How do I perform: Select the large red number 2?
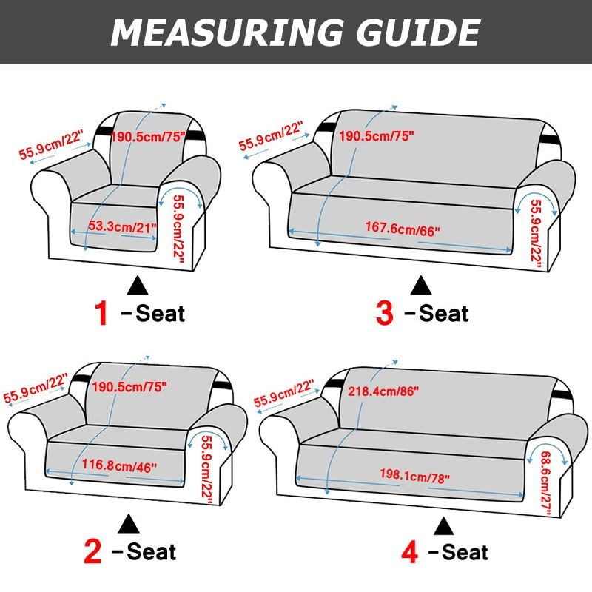pos(93,552)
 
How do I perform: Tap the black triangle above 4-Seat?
pos(444,525)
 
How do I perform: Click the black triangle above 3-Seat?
pos(421,284)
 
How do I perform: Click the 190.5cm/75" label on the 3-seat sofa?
pos(376,136)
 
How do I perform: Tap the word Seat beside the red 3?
pos(444,313)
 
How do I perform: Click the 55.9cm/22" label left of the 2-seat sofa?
pos(36,388)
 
